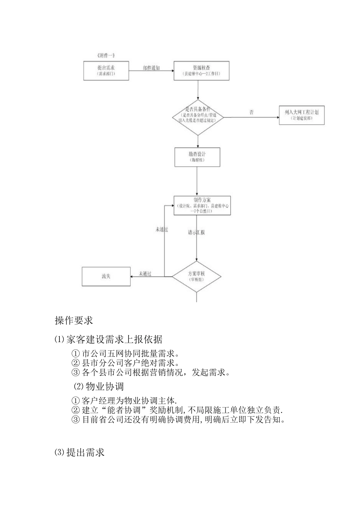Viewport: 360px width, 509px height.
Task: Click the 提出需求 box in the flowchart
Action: (x=106, y=70)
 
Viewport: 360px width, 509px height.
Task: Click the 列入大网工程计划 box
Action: (x=302, y=115)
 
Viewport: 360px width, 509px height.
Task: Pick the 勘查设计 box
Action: (x=197, y=157)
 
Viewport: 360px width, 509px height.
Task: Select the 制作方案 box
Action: (x=202, y=206)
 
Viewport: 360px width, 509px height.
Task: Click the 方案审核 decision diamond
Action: (x=197, y=276)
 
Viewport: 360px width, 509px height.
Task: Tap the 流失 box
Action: (x=106, y=276)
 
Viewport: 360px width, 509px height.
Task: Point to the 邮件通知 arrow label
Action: (x=151, y=68)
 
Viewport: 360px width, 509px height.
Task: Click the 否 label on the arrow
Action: (x=251, y=112)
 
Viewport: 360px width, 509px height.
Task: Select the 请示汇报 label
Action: (x=196, y=232)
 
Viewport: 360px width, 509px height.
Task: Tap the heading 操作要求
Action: (x=74, y=320)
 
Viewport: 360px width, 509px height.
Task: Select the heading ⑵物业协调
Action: (x=99, y=386)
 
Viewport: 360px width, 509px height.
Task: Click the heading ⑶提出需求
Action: (x=80, y=452)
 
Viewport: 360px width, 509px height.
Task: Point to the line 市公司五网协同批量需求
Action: (x=125, y=354)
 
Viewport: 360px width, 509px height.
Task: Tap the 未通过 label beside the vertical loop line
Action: (x=161, y=230)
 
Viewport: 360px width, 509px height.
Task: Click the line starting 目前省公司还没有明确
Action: (x=178, y=420)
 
